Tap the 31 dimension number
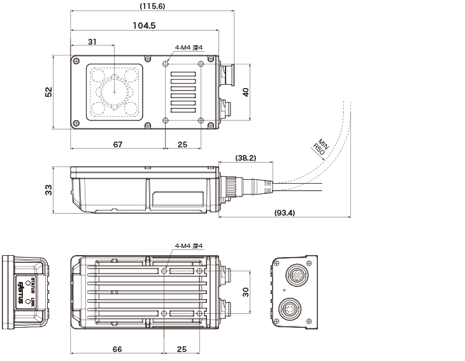click(x=92, y=42)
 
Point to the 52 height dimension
click(x=49, y=92)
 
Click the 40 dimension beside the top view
click(x=246, y=92)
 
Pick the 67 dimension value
click(x=118, y=145)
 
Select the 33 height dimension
click(x=49, y=190)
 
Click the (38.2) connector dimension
click(x=245, y=157)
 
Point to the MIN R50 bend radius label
click(x=320, y=147)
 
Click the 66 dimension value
click(x=117, y=350)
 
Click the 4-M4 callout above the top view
click(x=188, y=47)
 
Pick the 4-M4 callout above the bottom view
click(x=188, y=246)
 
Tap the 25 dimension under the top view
click(x=182, y=145)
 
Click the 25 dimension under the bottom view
click(x=182, y=350)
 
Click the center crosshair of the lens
click(x=115, y=91)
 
